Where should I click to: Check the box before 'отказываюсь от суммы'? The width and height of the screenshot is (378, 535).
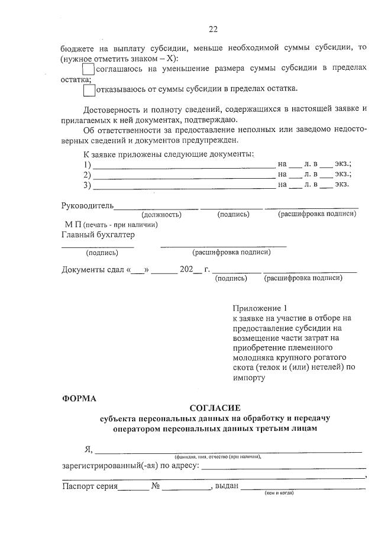[89, 90]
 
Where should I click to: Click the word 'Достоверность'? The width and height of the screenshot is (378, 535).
[111, 109]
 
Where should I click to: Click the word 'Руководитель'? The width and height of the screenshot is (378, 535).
[88, 205]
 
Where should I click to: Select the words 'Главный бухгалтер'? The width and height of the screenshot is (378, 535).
[98, 235]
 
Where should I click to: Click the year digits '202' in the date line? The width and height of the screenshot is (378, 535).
[186, 270]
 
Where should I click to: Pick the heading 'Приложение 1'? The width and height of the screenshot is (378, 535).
[260, 309]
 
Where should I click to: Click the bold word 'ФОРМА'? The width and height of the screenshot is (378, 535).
[79, 398]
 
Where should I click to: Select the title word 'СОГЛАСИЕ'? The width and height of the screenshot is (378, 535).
[215, 408]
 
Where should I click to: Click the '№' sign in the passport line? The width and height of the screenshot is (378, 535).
[156, 486]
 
